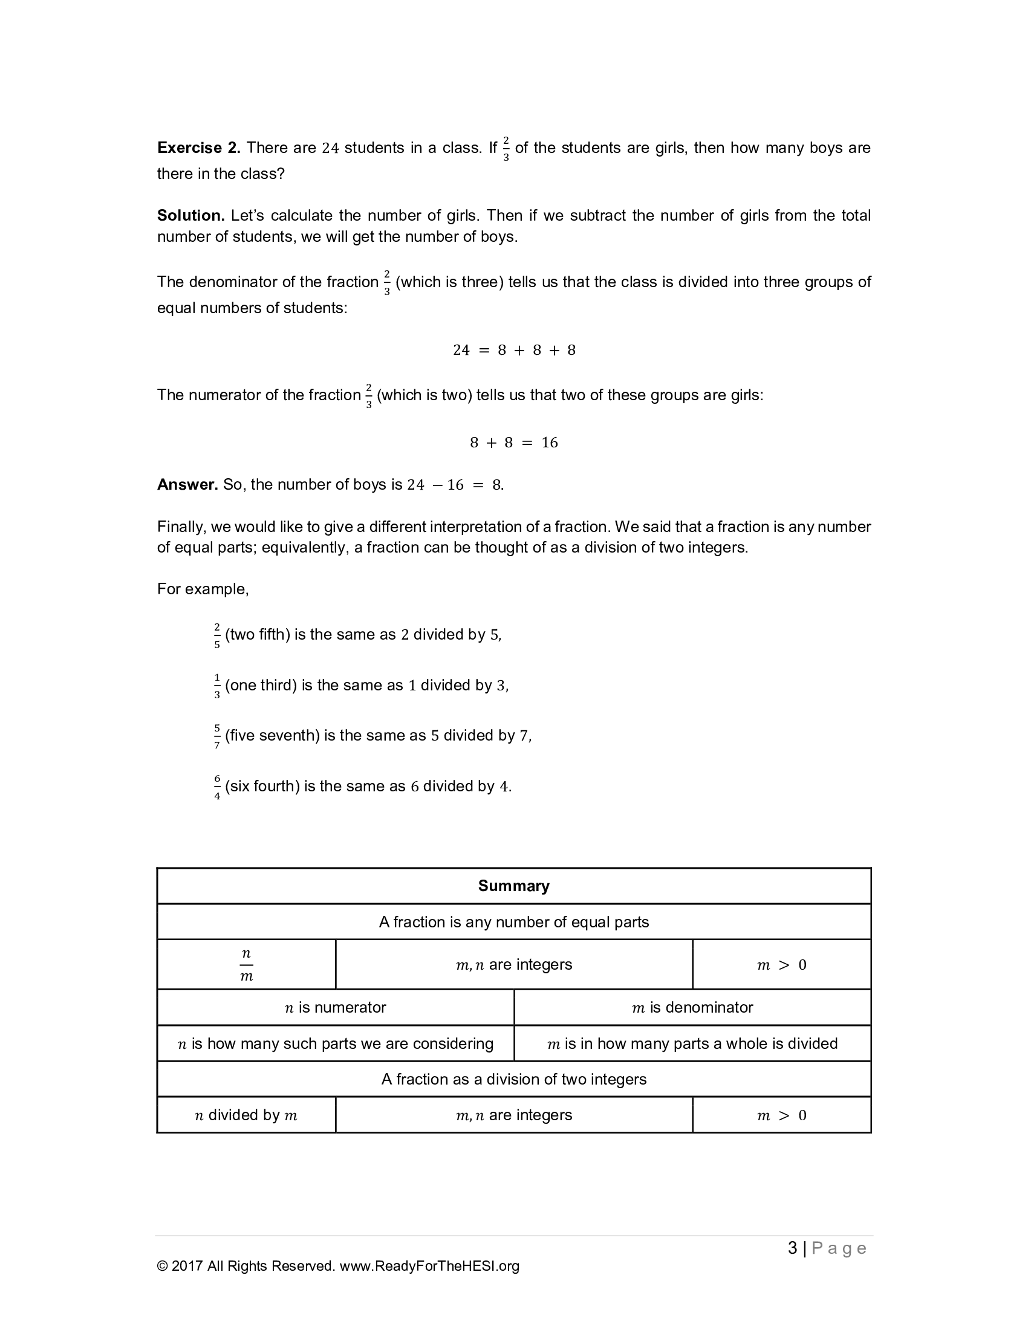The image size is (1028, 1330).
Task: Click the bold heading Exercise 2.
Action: coord(198,148)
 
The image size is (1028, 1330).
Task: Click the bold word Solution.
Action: coord(190,216)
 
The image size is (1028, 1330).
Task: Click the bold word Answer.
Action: coord(187,485)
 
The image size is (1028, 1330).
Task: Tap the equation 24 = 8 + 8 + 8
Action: coord(514,350)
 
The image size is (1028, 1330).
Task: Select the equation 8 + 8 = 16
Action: coord(514,443)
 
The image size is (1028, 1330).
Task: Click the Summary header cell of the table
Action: coord(513,886)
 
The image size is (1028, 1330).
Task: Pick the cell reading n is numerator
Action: coord(335,1007)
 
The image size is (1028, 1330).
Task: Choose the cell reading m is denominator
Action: coord(692,1007)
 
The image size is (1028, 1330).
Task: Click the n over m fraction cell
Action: coord(246,965)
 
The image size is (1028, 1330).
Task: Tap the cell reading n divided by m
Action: coord(246,1115)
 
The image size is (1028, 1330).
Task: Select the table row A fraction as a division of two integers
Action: coord(513,1079)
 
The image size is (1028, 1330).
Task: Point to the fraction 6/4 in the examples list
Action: coord(217,787)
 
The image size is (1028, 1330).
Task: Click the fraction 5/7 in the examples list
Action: coord(217,736)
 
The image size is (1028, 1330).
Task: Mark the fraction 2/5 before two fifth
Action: coord(217,635)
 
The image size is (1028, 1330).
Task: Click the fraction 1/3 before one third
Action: coord(217,686)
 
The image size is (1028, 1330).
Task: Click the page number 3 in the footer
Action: coord(792,1248)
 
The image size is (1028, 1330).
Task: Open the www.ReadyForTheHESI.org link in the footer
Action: coord(429,1267)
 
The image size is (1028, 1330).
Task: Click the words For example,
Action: coord(203,589)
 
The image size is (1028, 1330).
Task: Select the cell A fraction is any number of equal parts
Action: coord(513,922)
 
